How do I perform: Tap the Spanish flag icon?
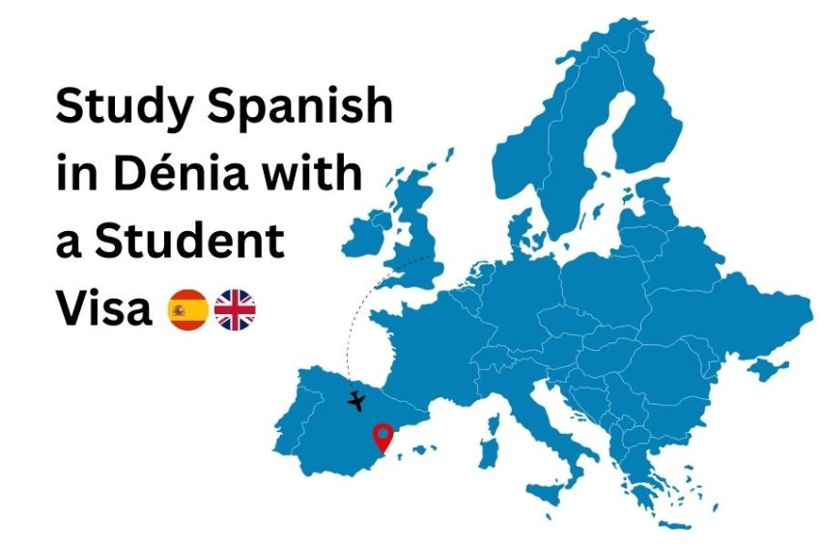tap(187, 310)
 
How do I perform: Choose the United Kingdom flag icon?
tap(235, 310)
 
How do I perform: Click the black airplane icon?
tap(357, 399)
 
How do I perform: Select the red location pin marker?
tap(383, 438)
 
